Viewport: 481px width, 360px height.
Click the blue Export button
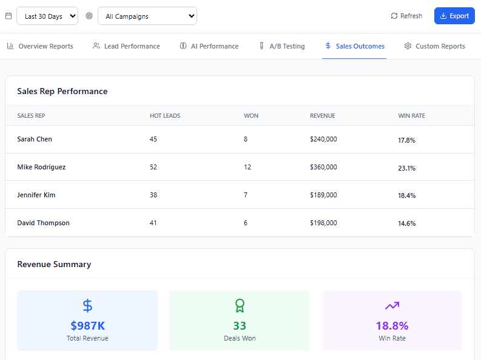[454, 16]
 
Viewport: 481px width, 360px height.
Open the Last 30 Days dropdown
[47, 16]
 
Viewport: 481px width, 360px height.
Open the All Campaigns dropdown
[147, 16]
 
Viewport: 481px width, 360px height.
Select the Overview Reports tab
[40, 46]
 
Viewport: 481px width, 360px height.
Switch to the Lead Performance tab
[126, 46]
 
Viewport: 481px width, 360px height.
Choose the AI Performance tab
[209, 46]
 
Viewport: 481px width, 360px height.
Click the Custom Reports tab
[434, 46]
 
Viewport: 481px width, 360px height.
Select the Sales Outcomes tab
[354, 46]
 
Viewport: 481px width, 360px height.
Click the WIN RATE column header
[411, 115]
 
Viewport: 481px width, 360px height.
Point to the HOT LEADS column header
[165, 115]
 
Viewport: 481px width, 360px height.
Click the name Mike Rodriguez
[41, 167]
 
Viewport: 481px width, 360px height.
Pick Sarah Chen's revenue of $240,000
[323, 139]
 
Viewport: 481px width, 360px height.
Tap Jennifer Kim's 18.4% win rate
[406, 195]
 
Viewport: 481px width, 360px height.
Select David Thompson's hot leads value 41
[153, 223]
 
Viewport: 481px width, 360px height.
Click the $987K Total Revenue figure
[87, 325]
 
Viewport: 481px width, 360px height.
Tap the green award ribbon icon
[240, 305]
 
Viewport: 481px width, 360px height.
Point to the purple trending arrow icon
[392, 305]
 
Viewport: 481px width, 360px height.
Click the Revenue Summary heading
[54, 264]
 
